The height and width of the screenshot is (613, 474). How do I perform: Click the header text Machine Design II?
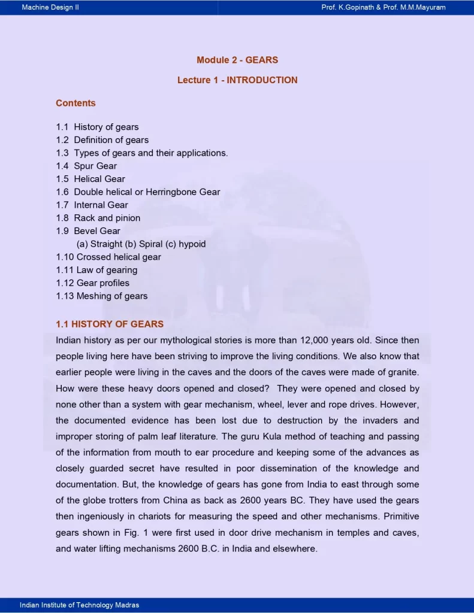coord(50,7)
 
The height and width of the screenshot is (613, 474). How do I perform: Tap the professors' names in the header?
coord(383,7)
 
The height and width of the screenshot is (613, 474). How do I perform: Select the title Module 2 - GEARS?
coord(237,60)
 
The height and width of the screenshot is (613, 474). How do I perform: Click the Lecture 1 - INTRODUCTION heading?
coord(237,80)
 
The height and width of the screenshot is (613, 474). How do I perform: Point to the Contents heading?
coord(76,103)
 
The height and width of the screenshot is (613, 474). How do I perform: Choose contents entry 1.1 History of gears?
coord(97,127)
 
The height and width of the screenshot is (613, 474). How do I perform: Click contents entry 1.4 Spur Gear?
coord(86,166)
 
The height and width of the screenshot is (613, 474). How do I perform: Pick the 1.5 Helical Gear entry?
coord(90,179)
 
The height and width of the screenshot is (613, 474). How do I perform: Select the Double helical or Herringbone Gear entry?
coord(138,192)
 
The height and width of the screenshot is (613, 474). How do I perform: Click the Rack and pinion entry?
coord(98,218)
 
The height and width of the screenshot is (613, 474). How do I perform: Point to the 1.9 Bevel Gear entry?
coord(88,231)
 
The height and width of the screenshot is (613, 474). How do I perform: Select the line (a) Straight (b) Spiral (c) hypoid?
coord(141,244)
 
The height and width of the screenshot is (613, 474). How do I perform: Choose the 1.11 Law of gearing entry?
coord(96,270)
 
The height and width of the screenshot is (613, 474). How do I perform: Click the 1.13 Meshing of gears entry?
coord(101,296)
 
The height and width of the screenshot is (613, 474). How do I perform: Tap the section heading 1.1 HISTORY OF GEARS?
coord(110,324)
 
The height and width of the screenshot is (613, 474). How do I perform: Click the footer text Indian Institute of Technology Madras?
coord(79,605)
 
